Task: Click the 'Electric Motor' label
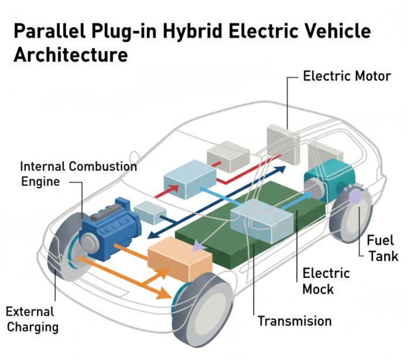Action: coord(346,76)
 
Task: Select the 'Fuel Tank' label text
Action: coord(382,248)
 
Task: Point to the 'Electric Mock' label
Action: coord(326,281)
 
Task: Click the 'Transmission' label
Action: coord(294,321)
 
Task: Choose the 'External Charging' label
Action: coord(32,318)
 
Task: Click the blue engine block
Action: coord(111,229)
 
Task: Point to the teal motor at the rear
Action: coord(331,175)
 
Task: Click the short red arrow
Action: coord(166,191)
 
